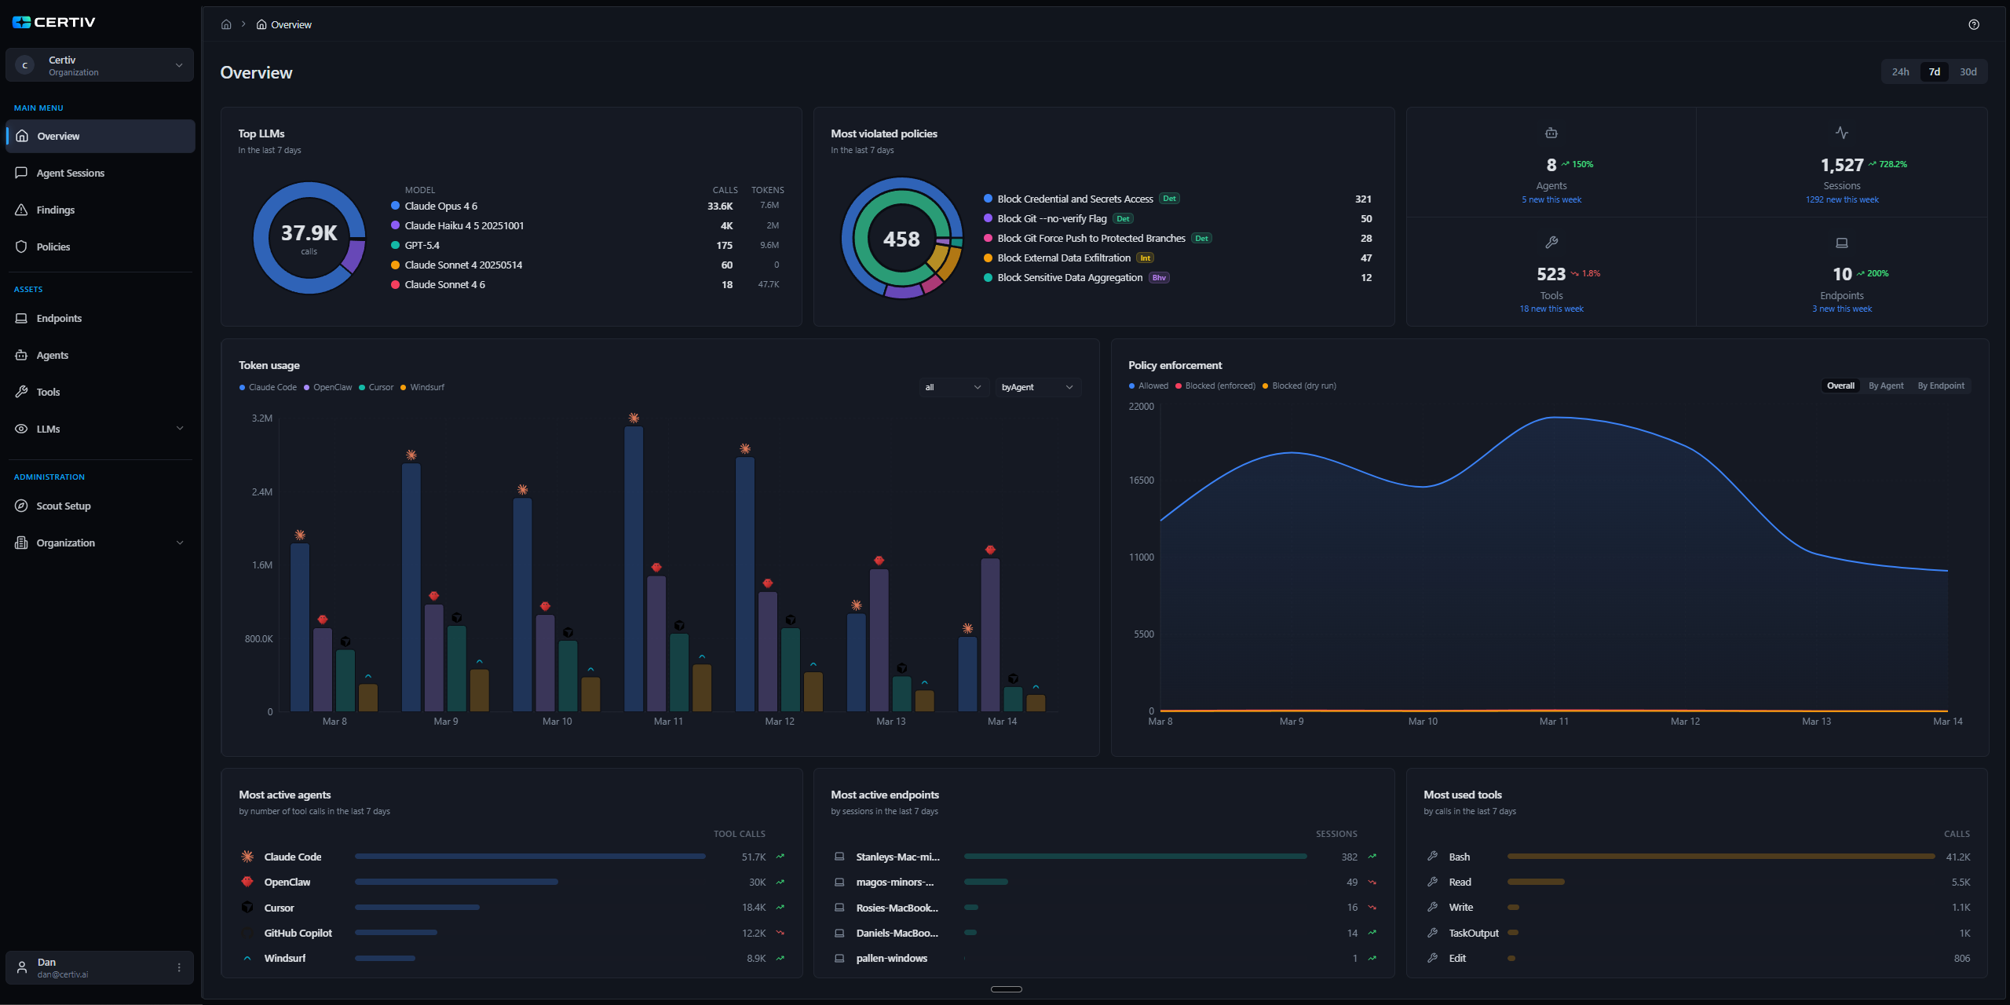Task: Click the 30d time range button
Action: pyautogui.click(x=1968, y=71)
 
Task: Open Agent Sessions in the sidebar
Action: pyautogui.click(x=70, y=173)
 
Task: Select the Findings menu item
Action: pyautogui.click(x=55, y=210)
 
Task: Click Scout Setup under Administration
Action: pyautogui.click(x=63, y=506)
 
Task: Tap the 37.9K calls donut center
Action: pyautogui.click(x=309, y=237)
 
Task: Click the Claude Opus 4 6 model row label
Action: pyautogui.click(x=440, y=206)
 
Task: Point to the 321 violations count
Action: pyautogui.click(x=1363, y=199)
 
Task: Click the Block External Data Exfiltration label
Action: pyautogui.click(x=1063, y=258)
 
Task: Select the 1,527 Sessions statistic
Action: pyautogui.click(x=1841, y=165)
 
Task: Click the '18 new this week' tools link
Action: pyautogui.click(x=1551, y=309)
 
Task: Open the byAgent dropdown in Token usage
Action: pyautogui.click(x=1036, y=387)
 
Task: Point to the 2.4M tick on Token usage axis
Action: pyautogui.click(x=262, y=492)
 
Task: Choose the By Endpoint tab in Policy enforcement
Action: pyautogui.click(x=1940, y=386)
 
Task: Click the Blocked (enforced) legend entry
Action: pyautogui.click(x=1219, y=386)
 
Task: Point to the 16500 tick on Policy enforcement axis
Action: pyautogui.click(x=1141, y=480)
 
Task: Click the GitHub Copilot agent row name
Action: pyautogui.click(x=298, y=933)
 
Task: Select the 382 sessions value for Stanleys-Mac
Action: pyautogui.click(x=1349, y=857)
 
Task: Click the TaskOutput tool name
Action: pyautogui.click(x=1473, y=933)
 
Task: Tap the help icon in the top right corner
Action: pyautogui.click(x=1973, y=24)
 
